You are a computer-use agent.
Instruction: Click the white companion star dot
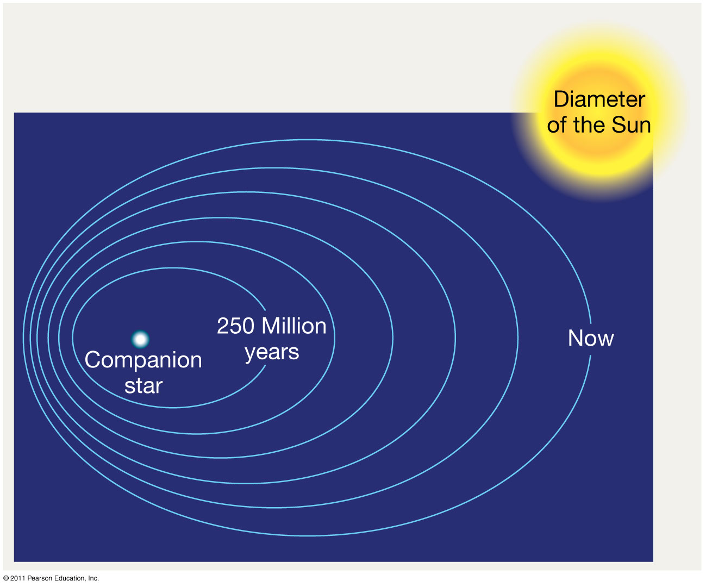pos(140,339)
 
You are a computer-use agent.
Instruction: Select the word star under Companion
pos(143,385)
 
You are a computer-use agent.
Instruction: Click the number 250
pos(235,326)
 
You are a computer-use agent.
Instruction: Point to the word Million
pos(294,326)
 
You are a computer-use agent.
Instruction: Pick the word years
pos(272,353)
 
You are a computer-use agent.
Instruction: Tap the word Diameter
pos(599,99)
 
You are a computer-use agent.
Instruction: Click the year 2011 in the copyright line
pos(18,578)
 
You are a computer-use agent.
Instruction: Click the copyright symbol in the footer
pos(6,578)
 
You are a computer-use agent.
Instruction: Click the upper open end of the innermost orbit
pos(265,310)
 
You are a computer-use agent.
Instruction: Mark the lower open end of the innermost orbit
pos(265,366)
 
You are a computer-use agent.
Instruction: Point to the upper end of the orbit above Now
pos(591,323)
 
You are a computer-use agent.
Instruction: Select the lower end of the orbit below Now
pos(590,355)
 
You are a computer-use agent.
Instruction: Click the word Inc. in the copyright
pos(93,578)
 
